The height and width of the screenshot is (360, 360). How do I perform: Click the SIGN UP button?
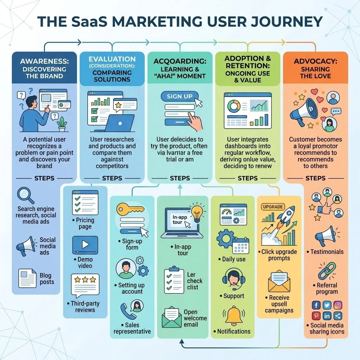click(180, 96)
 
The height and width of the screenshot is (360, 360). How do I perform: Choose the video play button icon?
click(85, 245)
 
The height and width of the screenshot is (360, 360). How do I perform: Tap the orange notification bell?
click(234, 315)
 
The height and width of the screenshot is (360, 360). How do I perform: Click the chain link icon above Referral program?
click(327, 271)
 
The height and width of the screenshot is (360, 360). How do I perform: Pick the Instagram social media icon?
click(337, 305)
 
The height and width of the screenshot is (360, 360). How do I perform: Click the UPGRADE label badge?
click(273, 207)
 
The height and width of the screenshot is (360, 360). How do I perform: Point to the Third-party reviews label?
click(85, 307)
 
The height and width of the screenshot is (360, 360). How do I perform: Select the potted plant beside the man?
click(62, 124)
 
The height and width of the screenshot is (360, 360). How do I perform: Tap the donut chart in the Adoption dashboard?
click(234, 105)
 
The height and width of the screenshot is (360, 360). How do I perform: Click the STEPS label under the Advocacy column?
click(315, 178)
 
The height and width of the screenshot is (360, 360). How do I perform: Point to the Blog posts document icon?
click(27, 277)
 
